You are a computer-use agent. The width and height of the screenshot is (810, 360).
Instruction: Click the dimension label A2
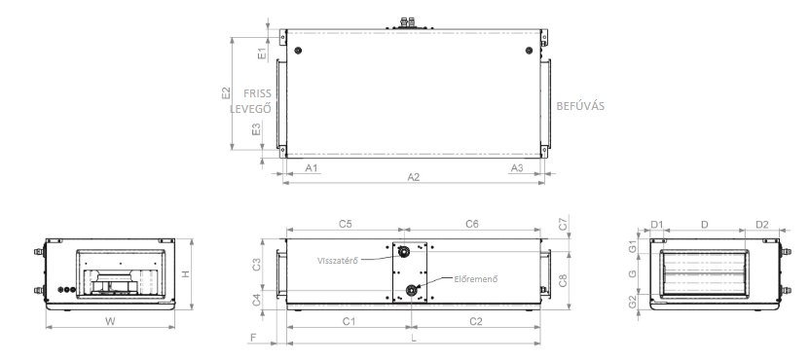tap(413, 177)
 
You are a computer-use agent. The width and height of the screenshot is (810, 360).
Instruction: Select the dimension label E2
tap(226, 93)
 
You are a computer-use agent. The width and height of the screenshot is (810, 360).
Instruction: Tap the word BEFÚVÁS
tap(580, 106)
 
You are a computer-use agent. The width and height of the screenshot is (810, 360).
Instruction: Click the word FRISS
tap(257, 93)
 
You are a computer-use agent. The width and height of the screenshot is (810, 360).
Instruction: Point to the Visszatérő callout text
tap(338, 261)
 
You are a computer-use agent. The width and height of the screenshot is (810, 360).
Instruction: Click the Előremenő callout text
tap(476, 279)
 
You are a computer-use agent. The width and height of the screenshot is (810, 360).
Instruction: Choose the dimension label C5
tap(346, 224)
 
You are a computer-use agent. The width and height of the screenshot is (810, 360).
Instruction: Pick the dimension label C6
tap(472, 224)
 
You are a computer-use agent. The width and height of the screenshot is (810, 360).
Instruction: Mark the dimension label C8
tap(563, 280)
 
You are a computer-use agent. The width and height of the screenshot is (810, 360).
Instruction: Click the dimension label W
tap(110, 321)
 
